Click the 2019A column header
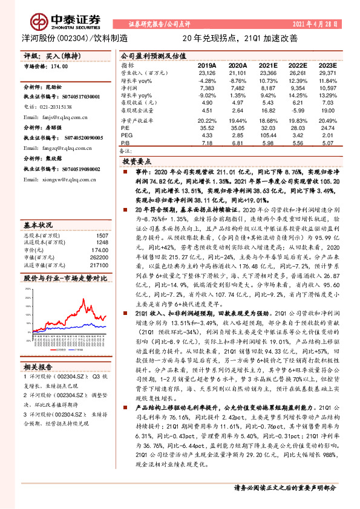click(207, 65)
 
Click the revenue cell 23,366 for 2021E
click(268, 73)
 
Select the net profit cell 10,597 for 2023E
click(327, 88)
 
